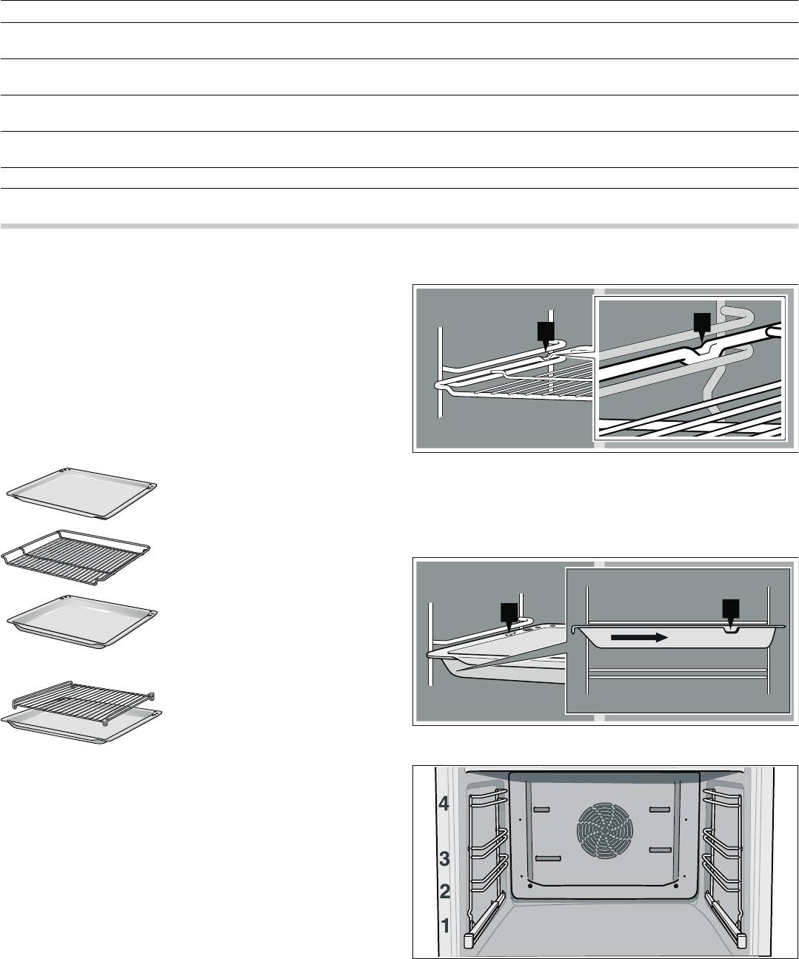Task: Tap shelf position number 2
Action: (x=444, y=892)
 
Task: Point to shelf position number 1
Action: (x=444, y=924)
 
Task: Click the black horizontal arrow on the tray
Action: (x=638, y=636)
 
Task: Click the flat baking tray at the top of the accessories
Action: (x=81, y=491)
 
